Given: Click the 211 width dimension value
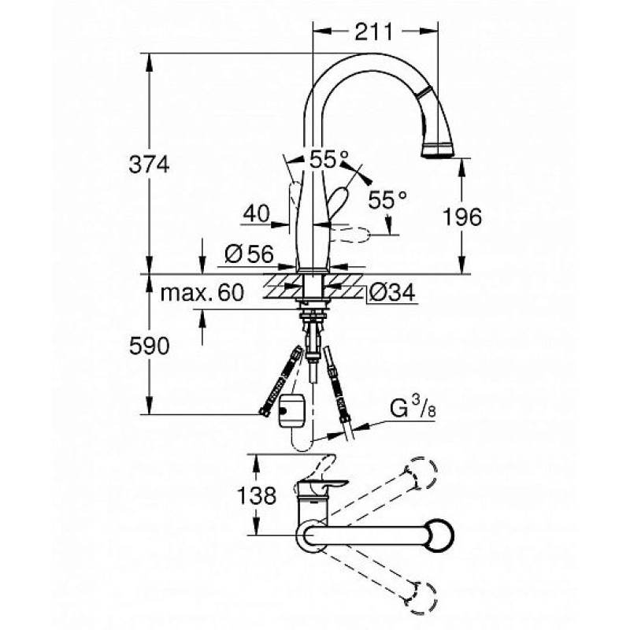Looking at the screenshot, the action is [373, 31].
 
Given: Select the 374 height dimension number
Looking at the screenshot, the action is [149, 164].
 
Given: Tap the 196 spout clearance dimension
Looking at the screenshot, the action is [461, 217].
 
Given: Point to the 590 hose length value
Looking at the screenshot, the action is [149, 346].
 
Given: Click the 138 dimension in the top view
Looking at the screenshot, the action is [257, 495].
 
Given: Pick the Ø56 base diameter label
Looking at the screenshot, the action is [249, 254].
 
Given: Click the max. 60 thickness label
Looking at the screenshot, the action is [202, 292].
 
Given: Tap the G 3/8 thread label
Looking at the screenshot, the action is [413, 409].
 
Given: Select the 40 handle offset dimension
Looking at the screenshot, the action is [256, 213].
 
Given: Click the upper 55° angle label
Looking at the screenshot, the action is [328, 160].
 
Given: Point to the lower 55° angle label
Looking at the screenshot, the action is [387, 199].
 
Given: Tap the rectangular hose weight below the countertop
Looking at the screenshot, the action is [291, 409].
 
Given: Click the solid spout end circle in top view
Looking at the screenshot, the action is [439, 535].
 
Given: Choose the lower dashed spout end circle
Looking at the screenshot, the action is [421, 598].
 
